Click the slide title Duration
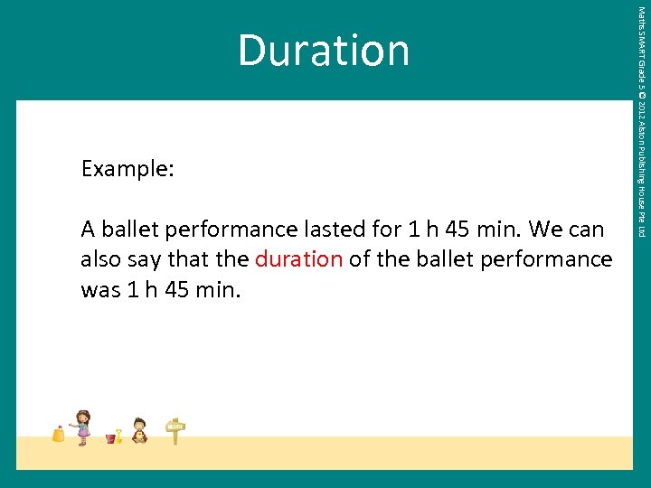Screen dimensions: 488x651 click(x=324, y=51)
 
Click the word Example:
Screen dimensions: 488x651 click(x=127, y=169)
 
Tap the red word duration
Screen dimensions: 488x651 click(x=298, y=259)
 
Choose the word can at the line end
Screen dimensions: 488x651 click(x=586, y=230)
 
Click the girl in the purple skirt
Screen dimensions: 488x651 click(x=83, y=427)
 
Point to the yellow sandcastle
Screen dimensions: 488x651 click(x=59, y=434)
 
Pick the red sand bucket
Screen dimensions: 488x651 click(x=110, y=438)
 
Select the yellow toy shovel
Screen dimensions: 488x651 click(x=118, y=435)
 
